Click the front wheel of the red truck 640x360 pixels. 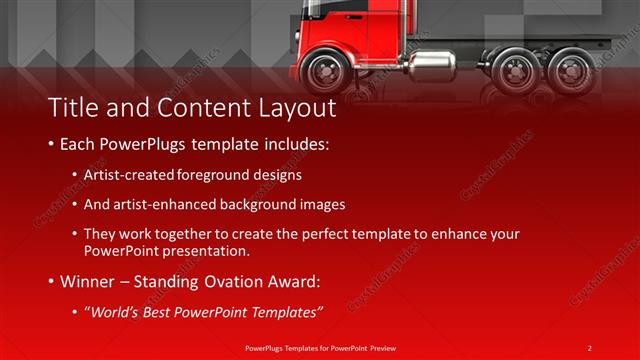pyautogui.click(x=326, y=71)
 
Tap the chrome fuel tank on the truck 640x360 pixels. pyautogui.click(x=433, y=67)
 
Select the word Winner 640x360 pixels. pyautogui.click(x=89, y=282)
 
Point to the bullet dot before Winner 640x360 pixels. pyautogui.click(x=51, y=282)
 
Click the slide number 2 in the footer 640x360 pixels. pyautogui.click(x=589, y=347)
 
